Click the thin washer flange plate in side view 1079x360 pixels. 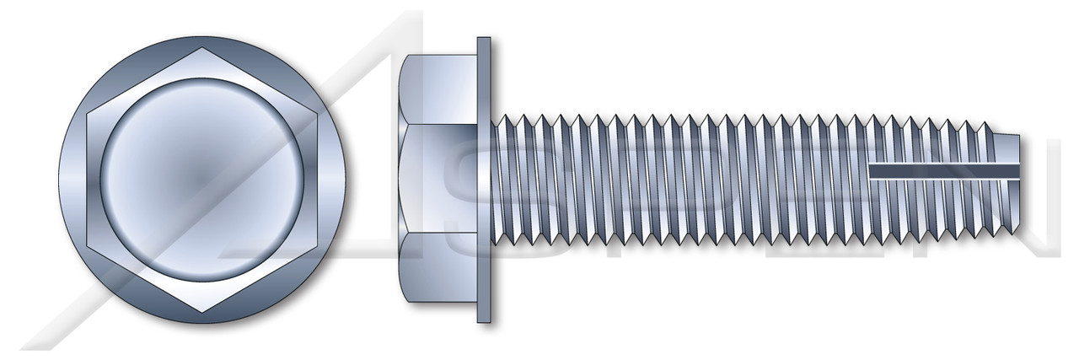point(484,179)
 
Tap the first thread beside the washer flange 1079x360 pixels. point(504,179)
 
